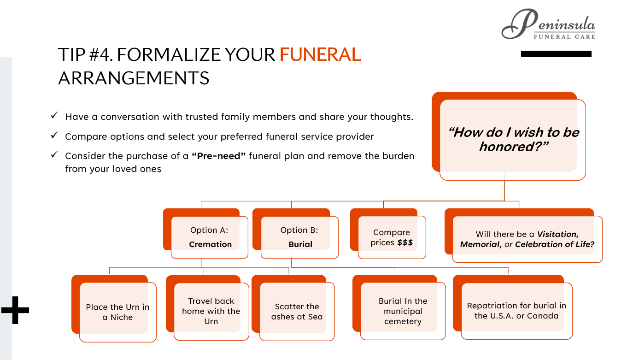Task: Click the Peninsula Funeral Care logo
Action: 548,25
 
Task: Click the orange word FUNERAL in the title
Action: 320,54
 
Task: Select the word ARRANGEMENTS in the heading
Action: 134,78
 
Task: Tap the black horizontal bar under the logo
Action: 556,54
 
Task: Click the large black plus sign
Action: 15,310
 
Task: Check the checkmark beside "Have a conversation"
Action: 54,116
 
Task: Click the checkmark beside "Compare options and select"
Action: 54,136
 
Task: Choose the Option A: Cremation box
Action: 210,237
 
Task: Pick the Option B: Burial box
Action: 299,237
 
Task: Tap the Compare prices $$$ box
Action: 391,237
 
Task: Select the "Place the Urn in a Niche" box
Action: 117,312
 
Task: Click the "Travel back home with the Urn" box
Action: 211,311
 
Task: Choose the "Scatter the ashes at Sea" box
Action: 297,312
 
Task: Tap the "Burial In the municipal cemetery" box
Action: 403,311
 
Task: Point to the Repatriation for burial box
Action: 516,311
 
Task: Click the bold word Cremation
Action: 210,244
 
